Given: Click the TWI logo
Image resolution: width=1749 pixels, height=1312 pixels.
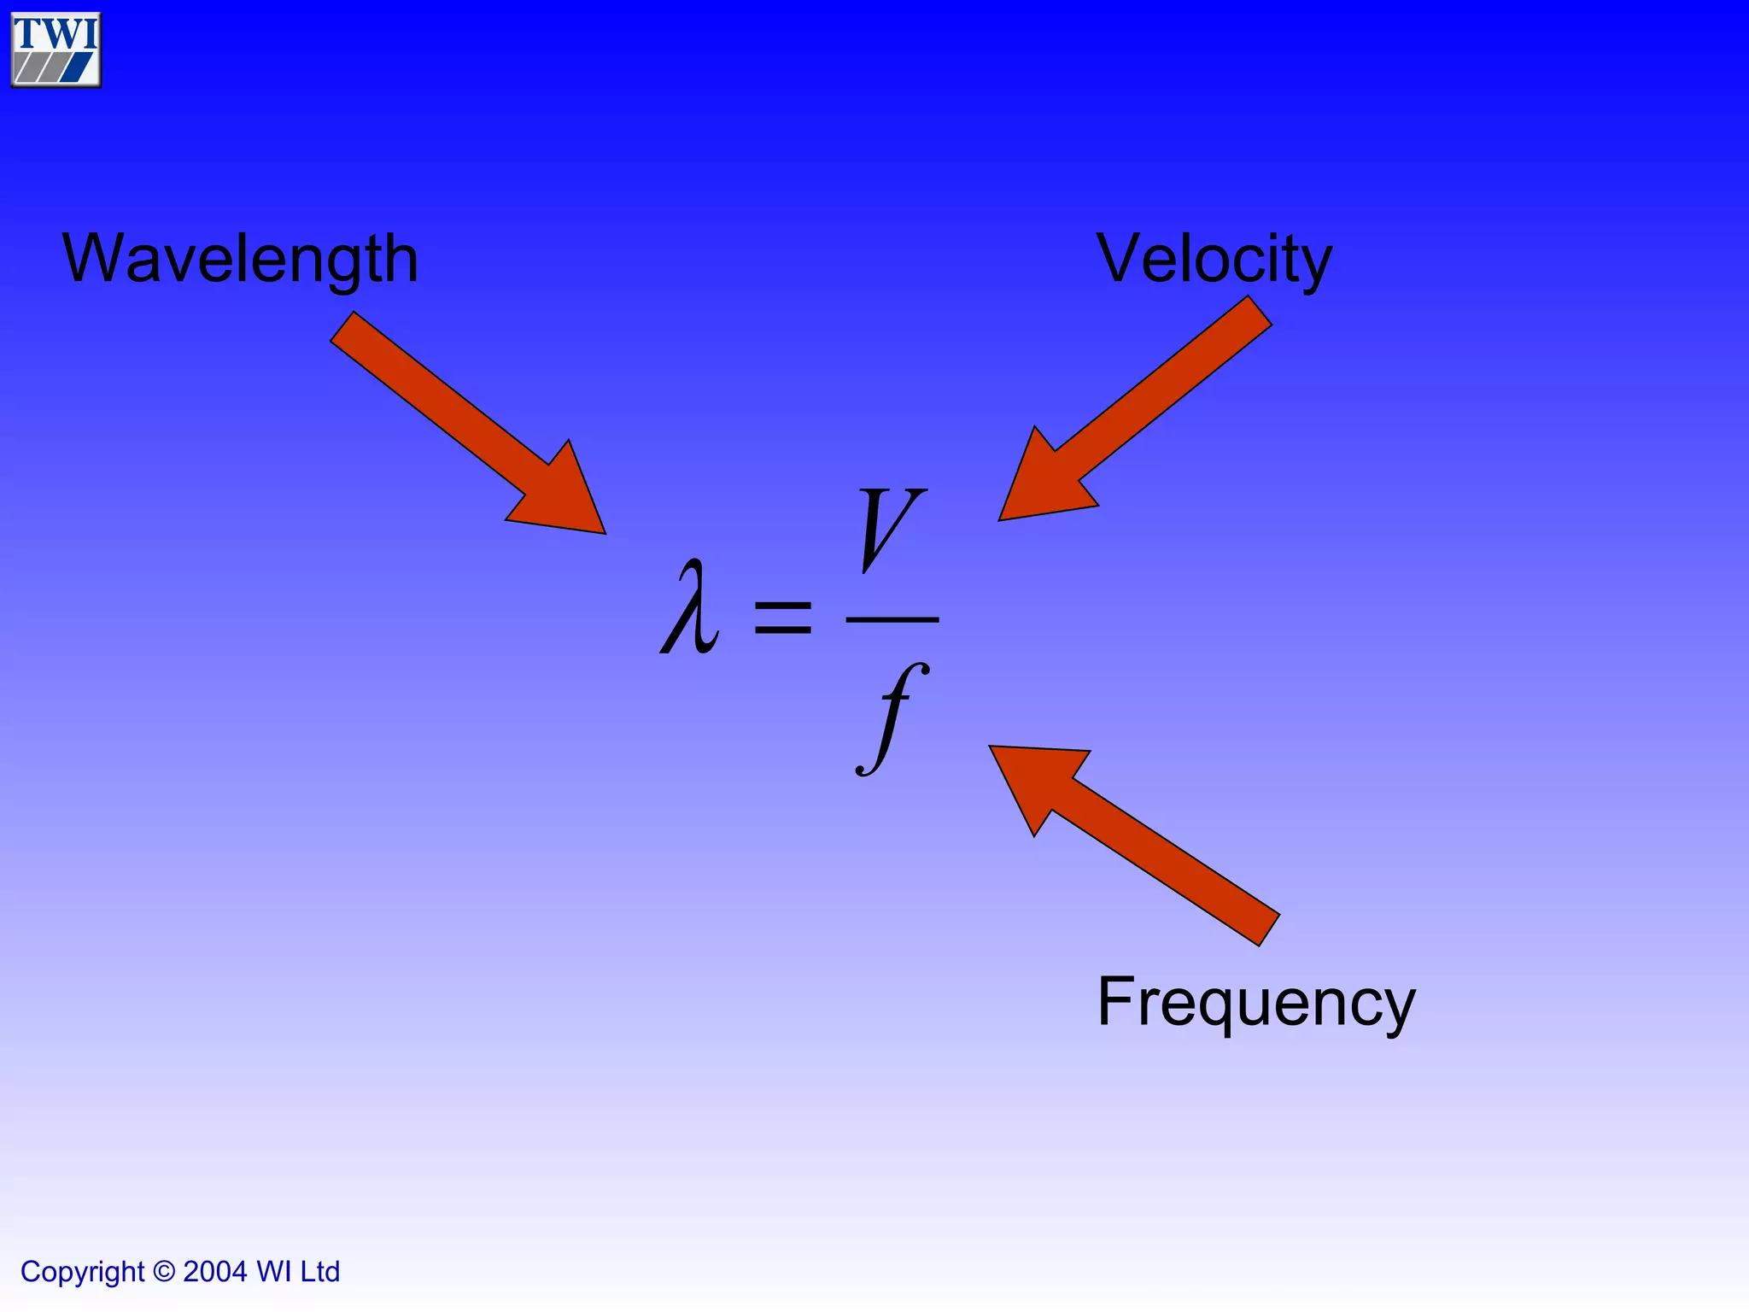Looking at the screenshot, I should click(x=56, y=50).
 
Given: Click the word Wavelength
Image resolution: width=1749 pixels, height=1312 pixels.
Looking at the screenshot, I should click(x=240, y=258).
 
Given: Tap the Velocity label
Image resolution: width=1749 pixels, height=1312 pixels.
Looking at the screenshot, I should click(x=1214, y=258).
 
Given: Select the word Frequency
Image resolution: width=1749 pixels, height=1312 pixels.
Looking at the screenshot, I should click(x=1255, y=1002).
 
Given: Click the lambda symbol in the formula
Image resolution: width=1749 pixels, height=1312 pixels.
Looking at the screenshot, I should click(x=690, y=607).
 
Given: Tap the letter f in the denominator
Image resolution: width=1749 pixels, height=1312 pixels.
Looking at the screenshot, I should click(x=893, y=717).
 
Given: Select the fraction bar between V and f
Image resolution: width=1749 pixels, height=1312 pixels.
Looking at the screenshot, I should click(x=892, y=619).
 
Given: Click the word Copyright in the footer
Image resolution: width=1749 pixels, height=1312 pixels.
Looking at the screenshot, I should click(x=83, y=1272).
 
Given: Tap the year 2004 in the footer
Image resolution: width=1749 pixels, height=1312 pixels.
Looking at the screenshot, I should click(x=215, y=1272).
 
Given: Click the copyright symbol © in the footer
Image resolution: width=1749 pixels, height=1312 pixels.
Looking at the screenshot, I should click(x=163, y=1272).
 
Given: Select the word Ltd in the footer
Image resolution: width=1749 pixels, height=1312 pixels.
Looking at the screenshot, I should click(x=319, y=1272).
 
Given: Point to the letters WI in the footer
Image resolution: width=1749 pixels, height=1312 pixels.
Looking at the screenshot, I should click(x=274, y=1272).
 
